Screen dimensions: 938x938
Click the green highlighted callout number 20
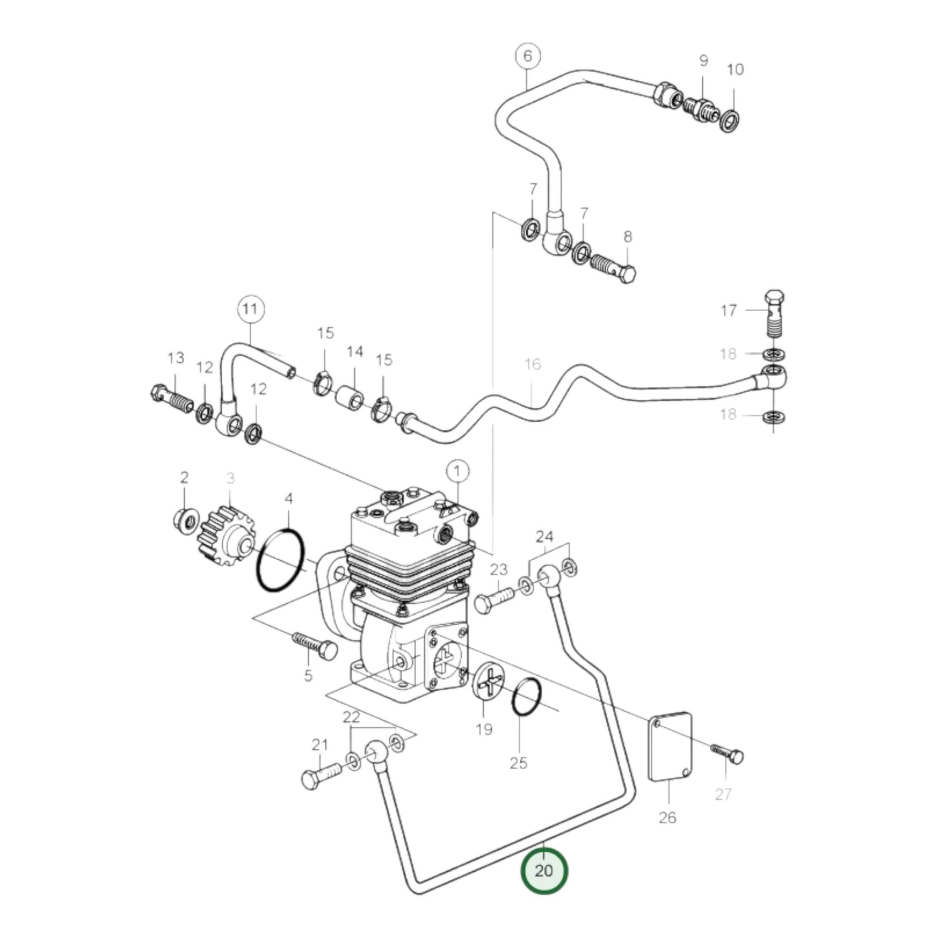pos(543,870)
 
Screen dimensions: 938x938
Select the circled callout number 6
pos(527,56)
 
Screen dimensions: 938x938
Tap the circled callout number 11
pos(251,310)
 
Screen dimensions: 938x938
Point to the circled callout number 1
pos(457,471)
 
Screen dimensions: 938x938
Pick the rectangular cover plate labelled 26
pos(670,746)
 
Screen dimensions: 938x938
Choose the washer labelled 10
pos(730,121)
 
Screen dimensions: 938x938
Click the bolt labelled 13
pos(172,399)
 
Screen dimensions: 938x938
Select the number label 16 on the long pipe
pos(532,364)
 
